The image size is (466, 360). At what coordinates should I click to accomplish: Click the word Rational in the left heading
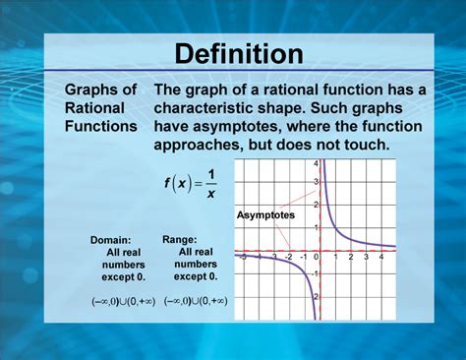pos(94,108)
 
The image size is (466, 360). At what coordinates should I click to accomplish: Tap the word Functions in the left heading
pos(100,126)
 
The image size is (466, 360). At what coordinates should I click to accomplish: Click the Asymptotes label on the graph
pos(264,213)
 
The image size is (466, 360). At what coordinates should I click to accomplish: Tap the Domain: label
pos(117,240)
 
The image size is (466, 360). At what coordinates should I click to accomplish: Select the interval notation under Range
pos(195,301)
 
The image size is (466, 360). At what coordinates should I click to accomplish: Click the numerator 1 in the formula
pos(211,174)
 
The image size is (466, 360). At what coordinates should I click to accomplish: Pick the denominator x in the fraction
pos(211,193)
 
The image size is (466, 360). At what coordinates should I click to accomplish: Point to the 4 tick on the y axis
pos(317,163)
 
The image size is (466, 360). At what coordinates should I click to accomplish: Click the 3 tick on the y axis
pos(317,183)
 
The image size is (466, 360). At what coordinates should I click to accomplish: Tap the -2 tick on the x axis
pos(289,258)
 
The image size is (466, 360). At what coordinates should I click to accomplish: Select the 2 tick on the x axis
pos(350,258)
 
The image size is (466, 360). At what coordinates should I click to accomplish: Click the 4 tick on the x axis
pos(380,258)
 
